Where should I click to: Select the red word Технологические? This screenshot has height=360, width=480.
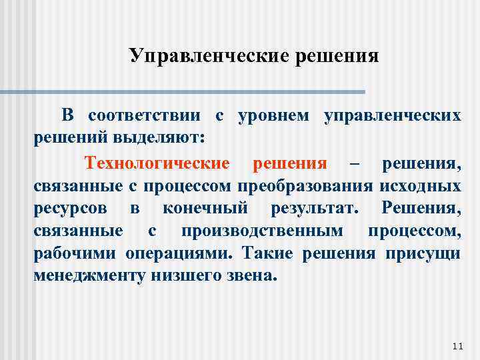pyautogui.click(x=157, y=163)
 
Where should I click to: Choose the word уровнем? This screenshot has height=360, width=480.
pyautogui.click(x=275, y=115)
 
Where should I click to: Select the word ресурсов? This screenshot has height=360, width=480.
pyautogui.click(x=69, y=209)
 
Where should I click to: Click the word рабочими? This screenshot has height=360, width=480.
pyautogui.click(x=75, y=254)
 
